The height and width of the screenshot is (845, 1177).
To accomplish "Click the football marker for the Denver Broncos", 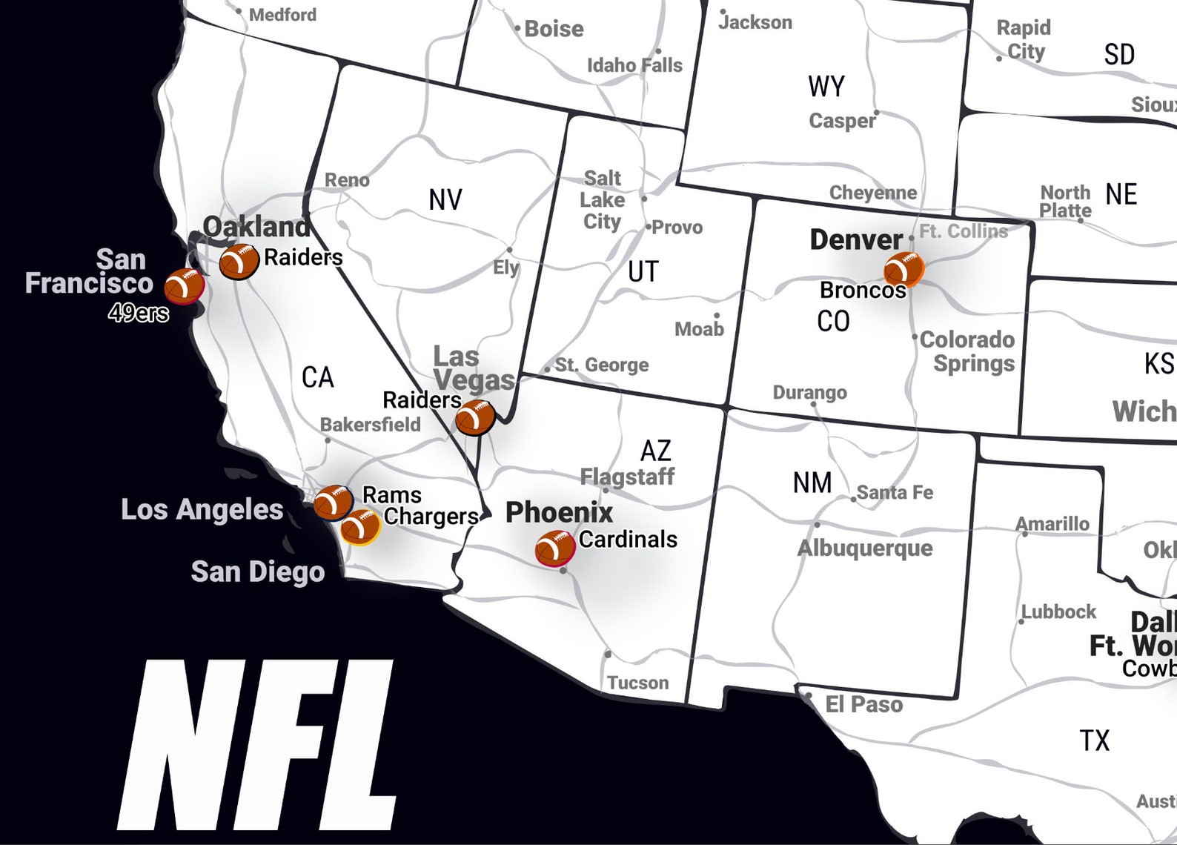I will tap(904, 268).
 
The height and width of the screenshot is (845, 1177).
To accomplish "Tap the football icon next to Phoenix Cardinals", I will tap(554, 549).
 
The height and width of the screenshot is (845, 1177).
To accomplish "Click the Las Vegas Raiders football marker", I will tap(474, 417).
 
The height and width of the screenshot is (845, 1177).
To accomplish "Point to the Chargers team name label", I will tap(431, 517).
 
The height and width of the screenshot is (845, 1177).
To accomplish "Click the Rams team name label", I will tap(391, 494).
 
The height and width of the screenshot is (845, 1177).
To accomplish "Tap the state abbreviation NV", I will tap(445, 199).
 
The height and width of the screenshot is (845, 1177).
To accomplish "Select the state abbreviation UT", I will tap(643, 271).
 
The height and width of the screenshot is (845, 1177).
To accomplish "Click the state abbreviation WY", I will tap(826, 87).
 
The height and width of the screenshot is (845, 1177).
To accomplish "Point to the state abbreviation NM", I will tap(812, 483).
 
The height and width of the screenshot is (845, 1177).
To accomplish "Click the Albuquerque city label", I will tap(864, 548).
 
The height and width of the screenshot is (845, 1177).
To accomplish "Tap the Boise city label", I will tap(553, 29).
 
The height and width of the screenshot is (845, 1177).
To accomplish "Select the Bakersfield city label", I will tap(370, 425).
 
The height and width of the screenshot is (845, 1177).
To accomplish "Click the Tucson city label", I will tap(637, 682).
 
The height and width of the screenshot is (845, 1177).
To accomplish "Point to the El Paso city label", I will tap(863, 703).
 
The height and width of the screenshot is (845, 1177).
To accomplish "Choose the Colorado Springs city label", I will tap(967, 351).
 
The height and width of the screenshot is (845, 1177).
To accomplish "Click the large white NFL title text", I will tap(256, 745).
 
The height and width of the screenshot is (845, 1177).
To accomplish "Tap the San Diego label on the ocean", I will tap(257, 571).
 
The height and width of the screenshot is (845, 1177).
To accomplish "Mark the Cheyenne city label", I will tap(872, 193).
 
